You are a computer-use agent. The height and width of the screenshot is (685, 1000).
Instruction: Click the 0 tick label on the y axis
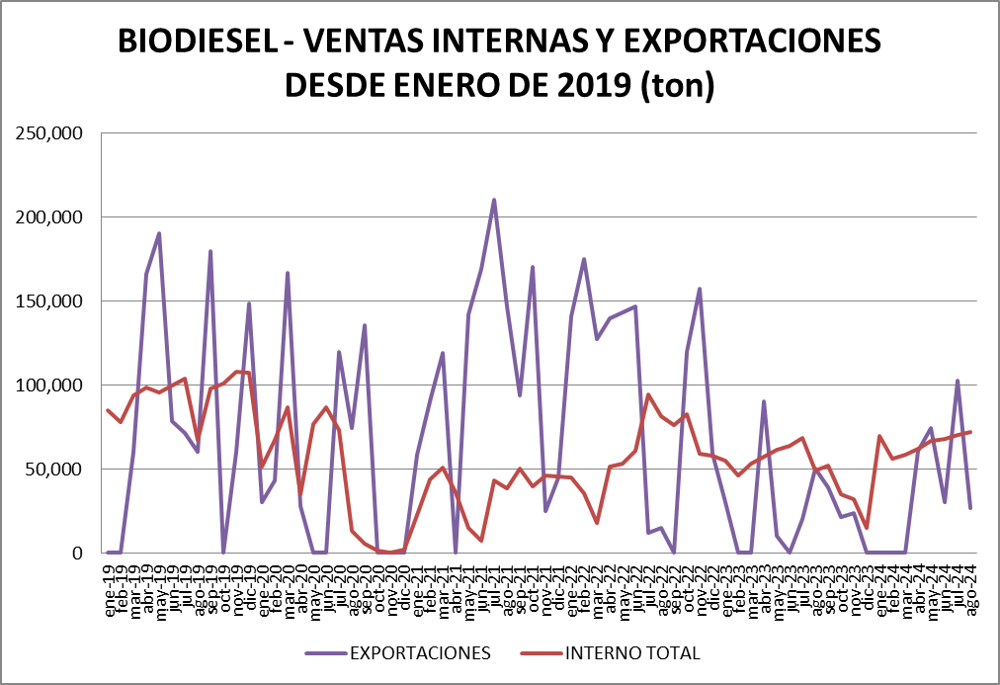point(76,554)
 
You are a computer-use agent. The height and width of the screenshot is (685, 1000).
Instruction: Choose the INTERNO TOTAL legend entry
point(632,653)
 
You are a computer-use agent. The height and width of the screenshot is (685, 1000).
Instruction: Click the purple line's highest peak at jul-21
point(494,200)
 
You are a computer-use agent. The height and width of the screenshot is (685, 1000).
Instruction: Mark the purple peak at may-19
point(159,233)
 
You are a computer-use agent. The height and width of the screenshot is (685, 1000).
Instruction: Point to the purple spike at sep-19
point(210,251)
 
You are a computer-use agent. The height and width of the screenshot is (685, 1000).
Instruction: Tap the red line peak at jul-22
point(648,394)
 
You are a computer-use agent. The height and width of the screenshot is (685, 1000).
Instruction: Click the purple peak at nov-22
point(700,289)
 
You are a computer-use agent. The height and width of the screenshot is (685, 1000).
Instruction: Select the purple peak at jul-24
point(957,381)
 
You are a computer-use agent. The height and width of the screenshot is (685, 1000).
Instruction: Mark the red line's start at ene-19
point(108,410)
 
